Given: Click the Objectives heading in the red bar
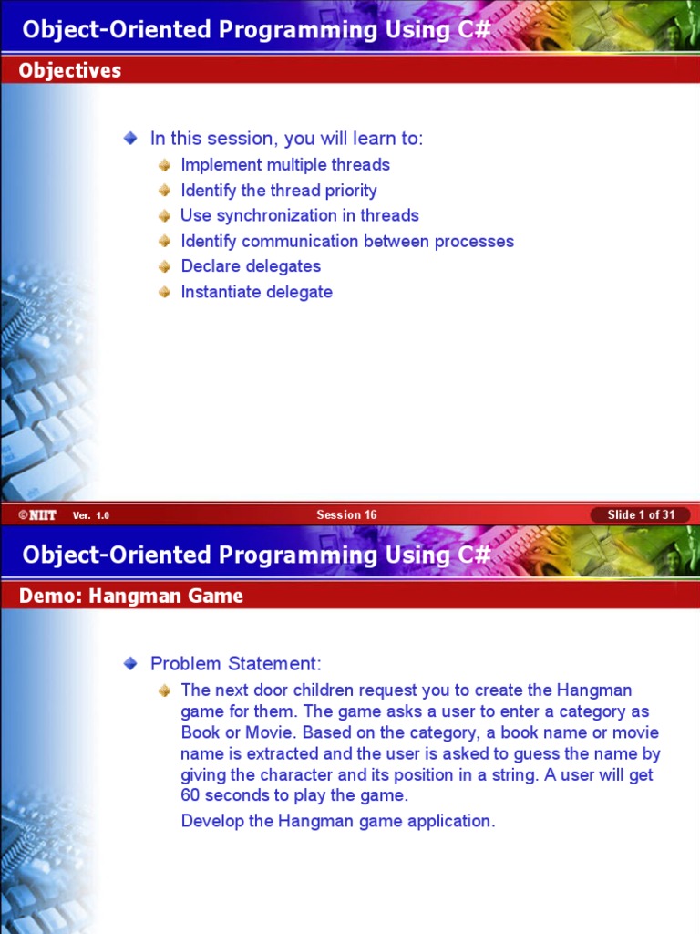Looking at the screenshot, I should (x=70, y=70).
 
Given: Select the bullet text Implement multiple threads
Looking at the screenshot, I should (x=285, y=165).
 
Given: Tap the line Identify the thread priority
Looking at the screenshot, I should (x=279, y=191).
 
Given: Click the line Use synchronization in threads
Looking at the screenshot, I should (x=300, y=216).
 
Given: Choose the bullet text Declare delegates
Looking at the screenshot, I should (x=251, y=266).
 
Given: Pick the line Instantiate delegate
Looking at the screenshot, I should (x=256, y=292).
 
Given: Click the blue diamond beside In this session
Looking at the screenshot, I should (x=131, y=138).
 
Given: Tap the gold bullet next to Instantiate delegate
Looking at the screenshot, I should (x=164, y=292).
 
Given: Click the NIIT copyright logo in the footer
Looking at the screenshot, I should (x=37, y=515).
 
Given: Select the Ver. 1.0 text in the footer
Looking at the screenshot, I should (x=91, y=516).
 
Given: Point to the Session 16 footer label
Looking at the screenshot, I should (x=346, y=515).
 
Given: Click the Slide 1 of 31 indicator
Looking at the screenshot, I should (x=641, y=515).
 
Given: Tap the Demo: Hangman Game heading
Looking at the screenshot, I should (x=131, y=597).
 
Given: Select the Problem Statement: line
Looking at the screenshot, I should (x=236, y=663).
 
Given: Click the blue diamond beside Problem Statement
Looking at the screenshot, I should (x=131, y=663).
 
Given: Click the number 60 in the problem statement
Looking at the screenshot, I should (x=190, y=795).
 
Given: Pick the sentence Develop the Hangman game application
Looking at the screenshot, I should (x=338, y=821).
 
